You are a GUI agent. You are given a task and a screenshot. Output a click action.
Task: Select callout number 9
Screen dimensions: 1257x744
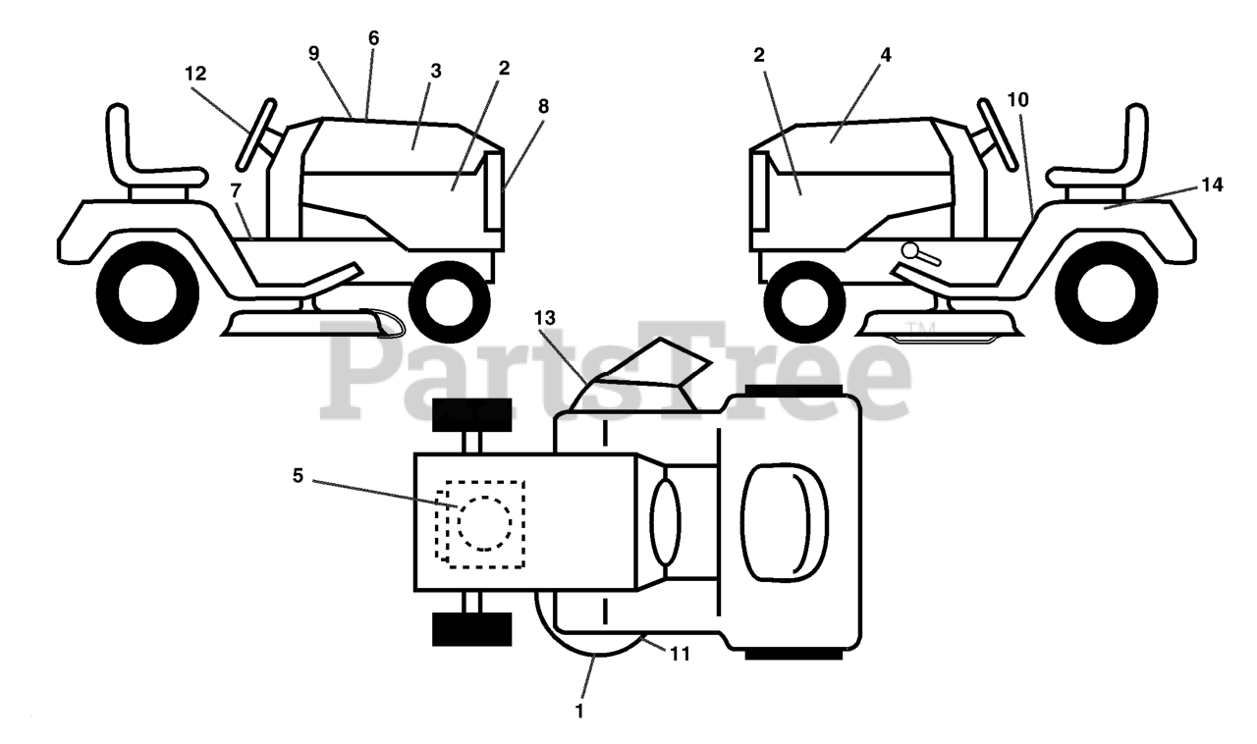(x=314, y=54)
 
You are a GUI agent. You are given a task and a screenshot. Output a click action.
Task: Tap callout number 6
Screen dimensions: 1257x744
(x=373, y=38)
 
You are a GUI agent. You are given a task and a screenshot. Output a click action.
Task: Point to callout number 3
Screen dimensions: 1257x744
(x=435, y=72)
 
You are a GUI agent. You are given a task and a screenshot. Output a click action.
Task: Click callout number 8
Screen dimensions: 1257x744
(x=543, y=104)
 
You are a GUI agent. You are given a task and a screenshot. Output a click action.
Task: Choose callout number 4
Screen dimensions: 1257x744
(x=886, y=56)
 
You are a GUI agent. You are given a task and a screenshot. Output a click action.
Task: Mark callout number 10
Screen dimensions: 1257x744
(x=1017, y=100)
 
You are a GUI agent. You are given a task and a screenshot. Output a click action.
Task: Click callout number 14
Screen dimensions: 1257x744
(x=1211, y=184)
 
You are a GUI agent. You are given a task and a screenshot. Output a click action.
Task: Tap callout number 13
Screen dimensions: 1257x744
(x=545, y=317)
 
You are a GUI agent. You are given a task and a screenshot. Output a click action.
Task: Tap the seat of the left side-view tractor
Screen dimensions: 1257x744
(x=141, y=157)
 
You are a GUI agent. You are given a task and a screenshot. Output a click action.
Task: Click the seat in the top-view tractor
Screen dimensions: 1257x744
(x=784, y=518)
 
